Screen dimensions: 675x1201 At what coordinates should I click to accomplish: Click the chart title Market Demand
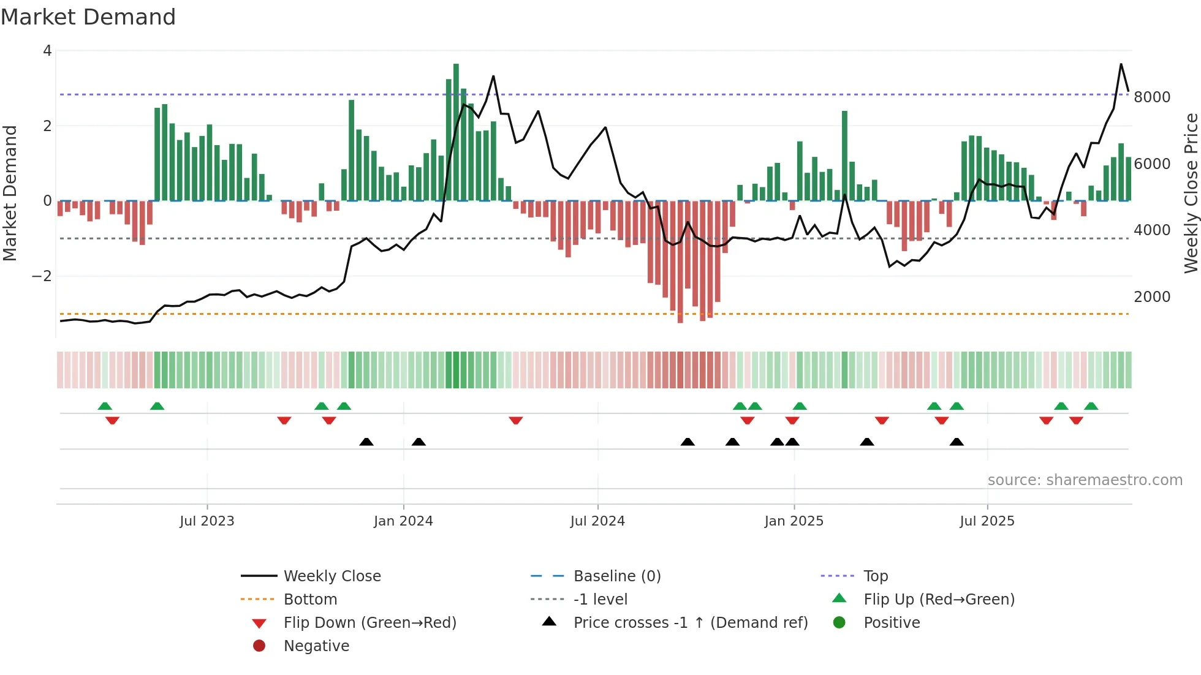tap(88, 17)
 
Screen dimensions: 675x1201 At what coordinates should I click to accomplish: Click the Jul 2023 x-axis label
tap(206, 521)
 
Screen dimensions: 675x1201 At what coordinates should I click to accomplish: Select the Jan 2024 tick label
tap(403, 521)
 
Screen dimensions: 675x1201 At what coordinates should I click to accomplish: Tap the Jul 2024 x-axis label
tap(597, 521)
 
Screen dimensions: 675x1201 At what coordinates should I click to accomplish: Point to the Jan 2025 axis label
tap(794, 521)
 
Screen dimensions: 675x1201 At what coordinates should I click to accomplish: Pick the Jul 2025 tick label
tap(987, 521)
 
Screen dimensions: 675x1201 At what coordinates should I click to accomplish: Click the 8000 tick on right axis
tap(1152, 97)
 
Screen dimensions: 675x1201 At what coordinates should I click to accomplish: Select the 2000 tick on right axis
tap(1152, 297)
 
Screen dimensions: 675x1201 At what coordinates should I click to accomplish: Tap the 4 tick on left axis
tap(47, 51)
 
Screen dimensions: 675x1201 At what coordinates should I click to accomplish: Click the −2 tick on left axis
tap(42, 276)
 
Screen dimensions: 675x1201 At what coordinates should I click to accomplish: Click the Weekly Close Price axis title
tap(1191, 193)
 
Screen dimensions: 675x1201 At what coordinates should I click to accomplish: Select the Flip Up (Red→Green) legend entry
tap(939, 600)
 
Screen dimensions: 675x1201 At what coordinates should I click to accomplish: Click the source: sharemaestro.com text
tap(1085, 480)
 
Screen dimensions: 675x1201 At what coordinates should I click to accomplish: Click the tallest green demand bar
tap(456, 132)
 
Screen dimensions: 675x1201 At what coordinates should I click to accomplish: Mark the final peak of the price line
tap(1121, 64)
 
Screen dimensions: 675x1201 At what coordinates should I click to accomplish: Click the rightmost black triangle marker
tap(957, 442)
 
